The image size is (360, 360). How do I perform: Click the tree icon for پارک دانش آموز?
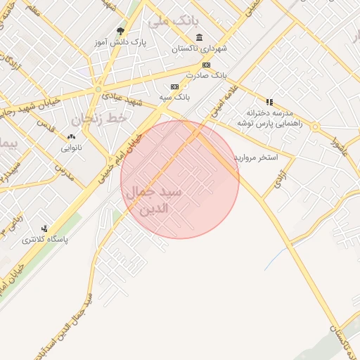tap(120, 32)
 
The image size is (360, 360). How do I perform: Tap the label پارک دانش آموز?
tap(120, 42)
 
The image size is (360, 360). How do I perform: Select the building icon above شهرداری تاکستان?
tap(200, 37)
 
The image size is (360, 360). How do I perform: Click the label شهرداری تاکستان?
tap(200, 49)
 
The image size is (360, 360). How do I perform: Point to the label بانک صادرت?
tap(210, 74)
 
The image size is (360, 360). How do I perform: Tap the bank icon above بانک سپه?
tap(165, 87)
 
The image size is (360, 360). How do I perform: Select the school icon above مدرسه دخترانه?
tap(269, 102)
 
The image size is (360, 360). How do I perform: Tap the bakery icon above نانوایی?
tap(70, 137)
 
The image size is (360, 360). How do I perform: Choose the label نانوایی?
tap(71, 148)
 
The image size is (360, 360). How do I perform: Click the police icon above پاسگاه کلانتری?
tap(45, 229)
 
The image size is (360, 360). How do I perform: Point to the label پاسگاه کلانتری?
tap(46, 239)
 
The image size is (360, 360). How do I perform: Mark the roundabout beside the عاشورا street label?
tap(316, 127)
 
